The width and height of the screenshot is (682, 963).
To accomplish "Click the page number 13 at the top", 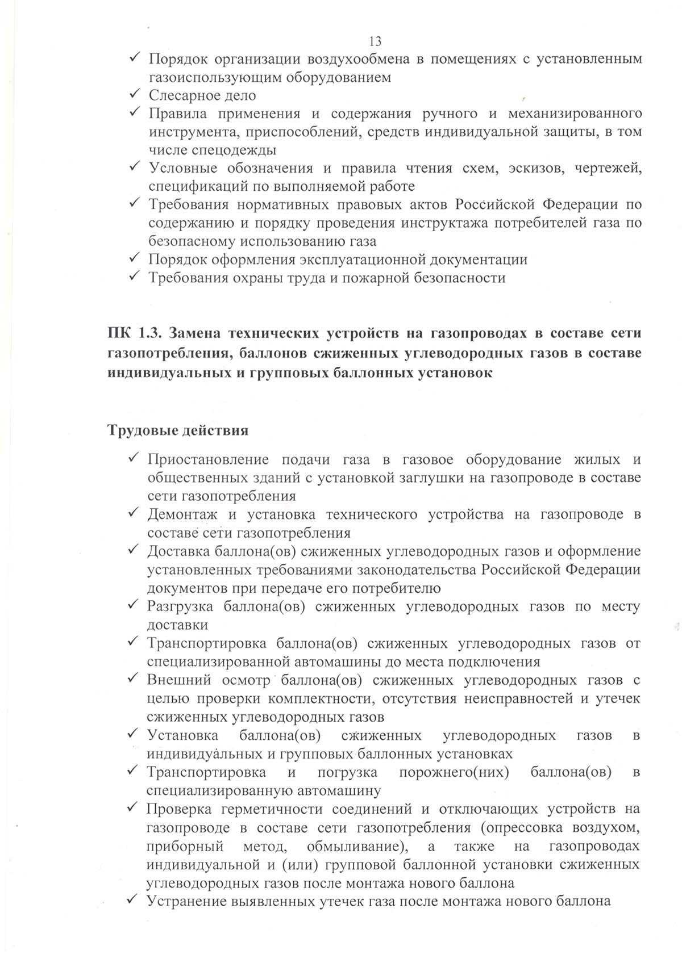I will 375,41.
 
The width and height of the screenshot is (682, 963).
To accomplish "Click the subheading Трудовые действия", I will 178,430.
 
